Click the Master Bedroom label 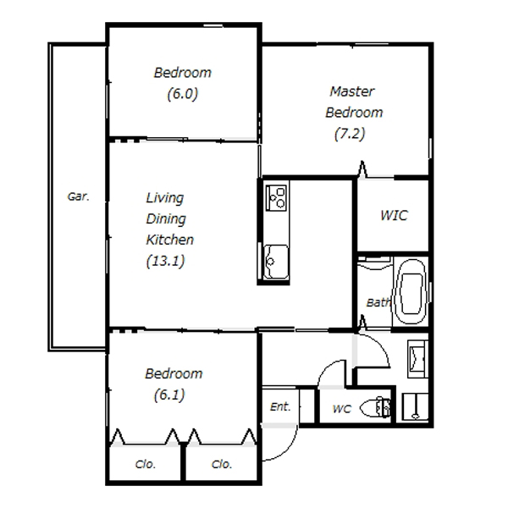pyautogui.click(x=354, y=102)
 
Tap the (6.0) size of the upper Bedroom pyautogui.click(x=182, y=94)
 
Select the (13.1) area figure pyautogui.click(x=166, y=261)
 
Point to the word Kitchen pyautogui.click(x=170, y=240)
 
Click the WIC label pyautogui.click(x=394, y=215)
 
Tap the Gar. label pyautogui.click(x=78, y=196)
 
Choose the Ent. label pyautogui.click(x=280, y=406)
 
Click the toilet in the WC pyautogui.click(x=375, y=407)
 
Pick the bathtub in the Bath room pyautogui.click(x=411, y=291)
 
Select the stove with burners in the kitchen pyautogui.click(x=276, y=197)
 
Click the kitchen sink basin pyautogui.click(x=276, y=262)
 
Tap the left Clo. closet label pyautogui.click(x=145, y=464)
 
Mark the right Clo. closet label pyautogui.click(x=222, y=464)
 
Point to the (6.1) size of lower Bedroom pyautogui.click(x=169, y=395)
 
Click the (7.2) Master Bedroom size pyautogui.click(x=350, y=134)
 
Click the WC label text pyautogui.click(x=341, y=409)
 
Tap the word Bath pyautogui.click(x=378, y=302)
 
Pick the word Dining pyautogui.click(x=166, y=219)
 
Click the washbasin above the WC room pyautogui.click(x=418, y=359)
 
